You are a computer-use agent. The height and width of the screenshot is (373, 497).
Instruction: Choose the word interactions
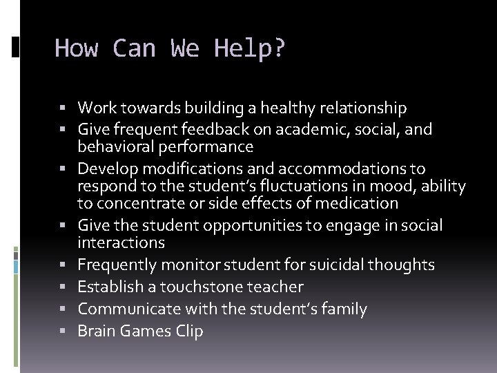point(121,242)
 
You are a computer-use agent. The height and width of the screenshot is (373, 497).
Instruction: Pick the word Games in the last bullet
point(147,331)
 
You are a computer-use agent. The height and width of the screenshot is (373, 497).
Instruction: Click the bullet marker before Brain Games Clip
point(69,332)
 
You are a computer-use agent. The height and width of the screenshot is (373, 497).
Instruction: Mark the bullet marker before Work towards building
point(69,108)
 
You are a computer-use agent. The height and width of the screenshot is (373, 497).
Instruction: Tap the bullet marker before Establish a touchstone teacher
point(69,287)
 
